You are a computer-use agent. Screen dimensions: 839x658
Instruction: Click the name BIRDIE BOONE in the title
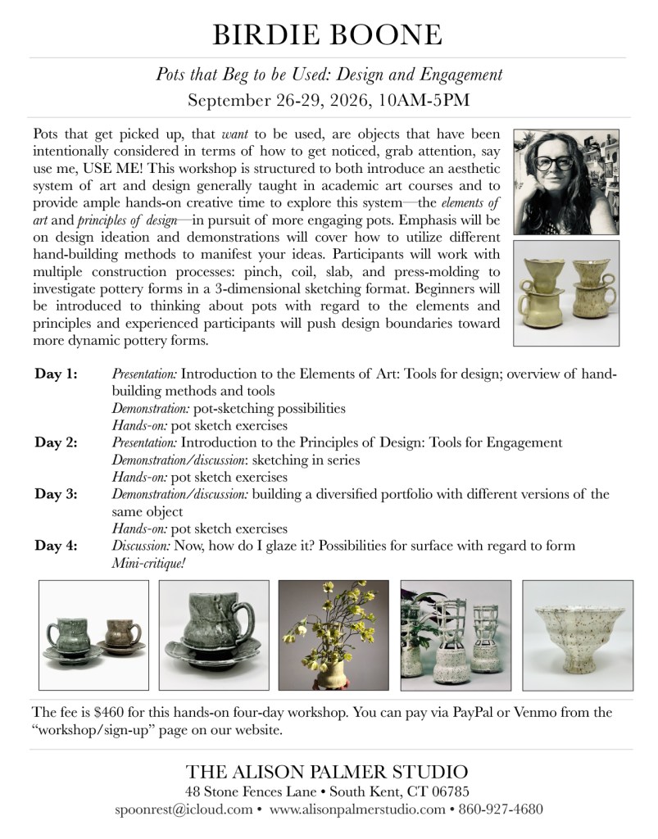tap(328, 34)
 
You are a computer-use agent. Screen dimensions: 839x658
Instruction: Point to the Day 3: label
tap(57, 494)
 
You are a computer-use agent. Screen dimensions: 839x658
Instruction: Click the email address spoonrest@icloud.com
tap(184, 809)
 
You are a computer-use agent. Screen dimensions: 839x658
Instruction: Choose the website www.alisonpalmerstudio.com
tap(356, 809)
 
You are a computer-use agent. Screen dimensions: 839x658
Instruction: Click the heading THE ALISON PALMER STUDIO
tap(328, 772)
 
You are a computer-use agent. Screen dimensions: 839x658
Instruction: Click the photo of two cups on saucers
tap(93, 635)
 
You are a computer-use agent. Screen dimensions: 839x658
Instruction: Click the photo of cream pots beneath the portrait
tap(566, 293)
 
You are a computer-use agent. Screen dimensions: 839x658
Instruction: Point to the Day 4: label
tap(57, 546)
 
